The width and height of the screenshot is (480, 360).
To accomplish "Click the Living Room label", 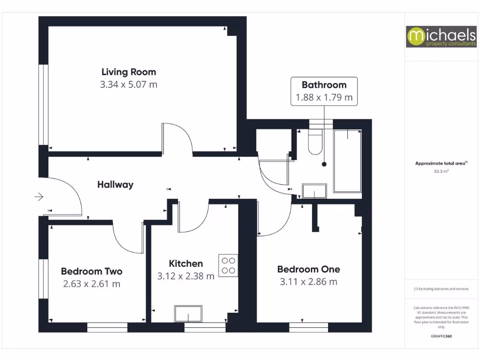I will [128, 72].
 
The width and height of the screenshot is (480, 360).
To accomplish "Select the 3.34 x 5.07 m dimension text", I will [128, 85].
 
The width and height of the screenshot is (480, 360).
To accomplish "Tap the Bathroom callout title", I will [324, 85].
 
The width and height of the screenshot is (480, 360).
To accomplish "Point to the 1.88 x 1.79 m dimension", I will [324, 98].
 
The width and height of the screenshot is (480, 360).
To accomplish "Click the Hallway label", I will [115, 185].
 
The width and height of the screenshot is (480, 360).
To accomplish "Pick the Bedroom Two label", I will [91, 271].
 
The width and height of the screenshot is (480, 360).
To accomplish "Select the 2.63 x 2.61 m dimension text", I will [91, 284].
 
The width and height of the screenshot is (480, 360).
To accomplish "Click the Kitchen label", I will [186, 264].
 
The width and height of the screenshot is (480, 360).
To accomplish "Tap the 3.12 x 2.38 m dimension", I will [186, 277].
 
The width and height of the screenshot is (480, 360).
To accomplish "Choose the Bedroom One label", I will [308, 270].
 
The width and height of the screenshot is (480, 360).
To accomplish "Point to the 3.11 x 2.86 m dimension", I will [308, 282].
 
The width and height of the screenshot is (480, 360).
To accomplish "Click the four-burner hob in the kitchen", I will [228, 265].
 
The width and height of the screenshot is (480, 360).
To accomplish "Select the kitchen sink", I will [188, 313].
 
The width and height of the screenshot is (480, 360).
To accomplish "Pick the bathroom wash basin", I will [314, 191].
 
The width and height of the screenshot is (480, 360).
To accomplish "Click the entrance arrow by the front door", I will [39, 197].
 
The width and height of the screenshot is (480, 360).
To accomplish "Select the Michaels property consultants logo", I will [435, 37].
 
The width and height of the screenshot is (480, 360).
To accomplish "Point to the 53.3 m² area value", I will [441, 172].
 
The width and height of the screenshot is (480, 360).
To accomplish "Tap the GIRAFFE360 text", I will [441, 336].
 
